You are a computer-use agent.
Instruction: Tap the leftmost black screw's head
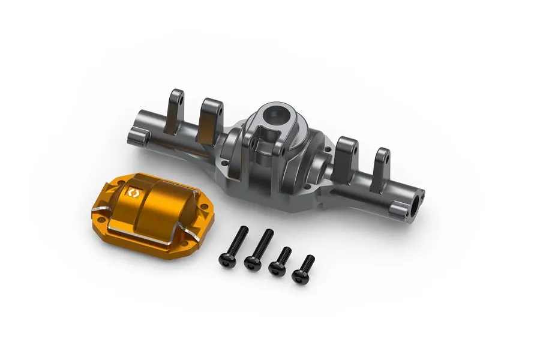point(227,260)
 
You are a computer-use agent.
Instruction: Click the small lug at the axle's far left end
point(137,137)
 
